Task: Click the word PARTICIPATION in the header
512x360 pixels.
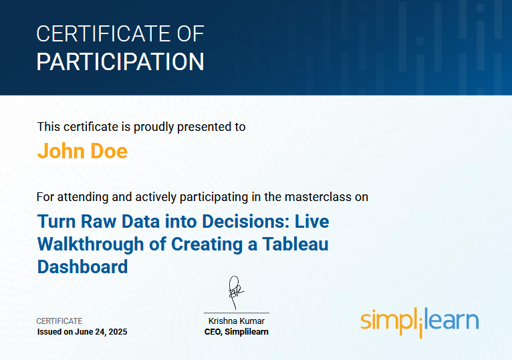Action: (x=120, y=61)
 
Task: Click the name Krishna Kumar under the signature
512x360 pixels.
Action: (x=236, y=321)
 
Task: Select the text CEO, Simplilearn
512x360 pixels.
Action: (x=236, y=332)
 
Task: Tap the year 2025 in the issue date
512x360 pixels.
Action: (x=116, y=332)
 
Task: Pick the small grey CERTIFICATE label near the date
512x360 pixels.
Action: (x=59, y=321)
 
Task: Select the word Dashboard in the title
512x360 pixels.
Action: (x=82, y=266)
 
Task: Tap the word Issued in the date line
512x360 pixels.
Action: (x=49, y=332)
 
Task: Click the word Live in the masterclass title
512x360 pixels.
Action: (x=312, y=221)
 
